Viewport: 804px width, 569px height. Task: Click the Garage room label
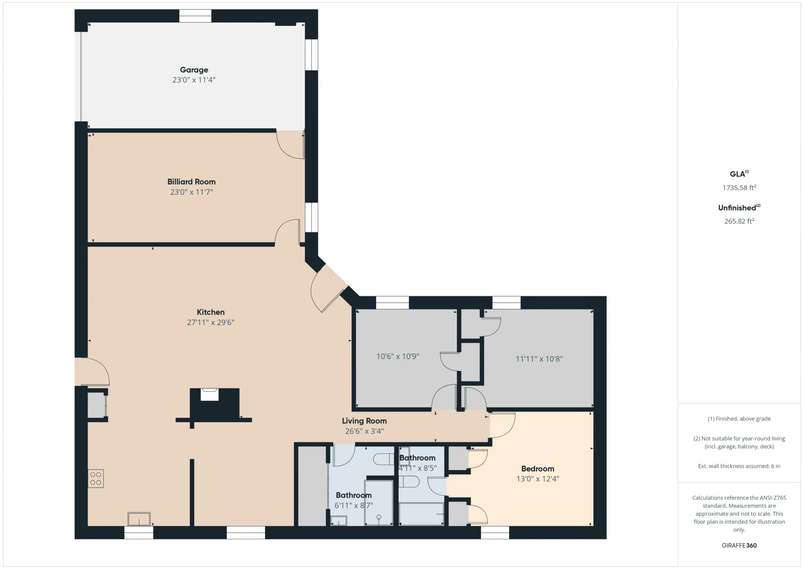[x=194, y=70]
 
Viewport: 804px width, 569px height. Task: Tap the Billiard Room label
[x=191, y=181]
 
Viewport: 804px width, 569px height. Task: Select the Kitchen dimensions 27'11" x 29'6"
[x=211, y=322]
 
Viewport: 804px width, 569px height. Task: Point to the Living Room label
[x=364, y=421]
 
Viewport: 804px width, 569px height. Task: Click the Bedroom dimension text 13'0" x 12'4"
[x=538, y=478]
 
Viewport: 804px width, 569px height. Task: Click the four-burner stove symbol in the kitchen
[x=96, y=478]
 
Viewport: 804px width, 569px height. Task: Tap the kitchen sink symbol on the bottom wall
[x=139, y=519]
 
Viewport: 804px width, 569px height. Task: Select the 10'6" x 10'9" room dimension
[x=398, y=356]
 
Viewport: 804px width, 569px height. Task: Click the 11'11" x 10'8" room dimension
[x=539, y=359]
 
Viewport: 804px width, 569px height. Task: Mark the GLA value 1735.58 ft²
[x=739, y=187]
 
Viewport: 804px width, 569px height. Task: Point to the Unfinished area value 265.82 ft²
[x=739, y=221]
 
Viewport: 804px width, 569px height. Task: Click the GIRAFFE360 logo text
[x=739, y=545]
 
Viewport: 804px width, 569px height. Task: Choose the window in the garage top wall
[x=195, y=16]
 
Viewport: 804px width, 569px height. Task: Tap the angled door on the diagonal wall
[x=329, y=289]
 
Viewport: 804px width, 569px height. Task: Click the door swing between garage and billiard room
[x=290, y=145]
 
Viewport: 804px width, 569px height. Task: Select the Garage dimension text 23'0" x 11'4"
[x=194, y=80]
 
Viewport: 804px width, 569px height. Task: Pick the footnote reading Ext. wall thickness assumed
[x=739, y=466]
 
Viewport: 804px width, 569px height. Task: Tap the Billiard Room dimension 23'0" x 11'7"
[x=191, y=192]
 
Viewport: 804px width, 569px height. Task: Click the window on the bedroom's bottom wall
[x=495, y=533]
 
